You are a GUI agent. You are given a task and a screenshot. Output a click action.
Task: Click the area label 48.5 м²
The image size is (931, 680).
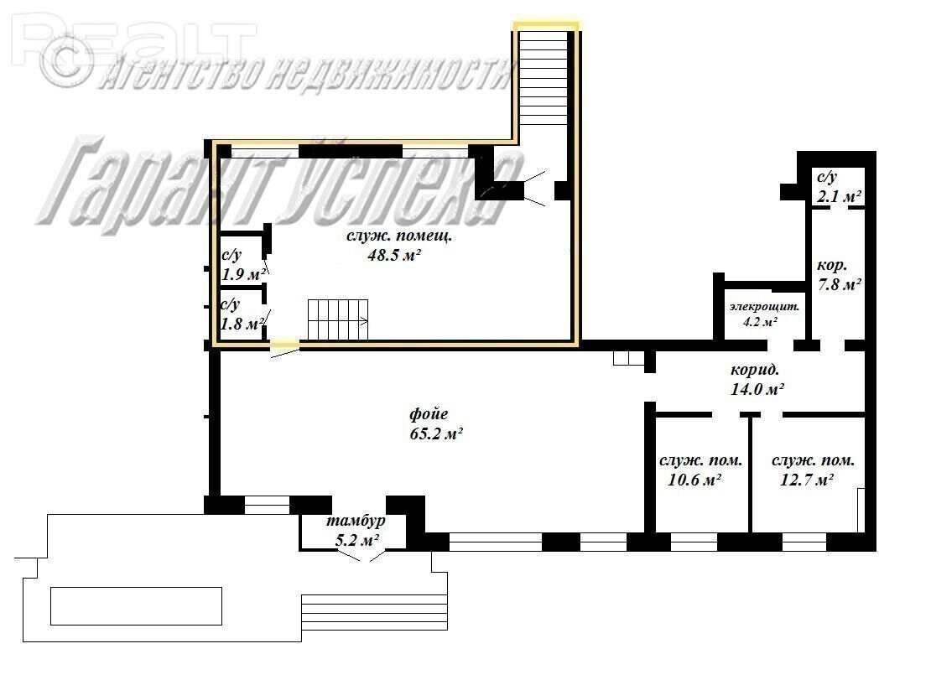coord(394,255)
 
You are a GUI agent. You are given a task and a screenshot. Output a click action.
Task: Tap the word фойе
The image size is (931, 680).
coord(429,414)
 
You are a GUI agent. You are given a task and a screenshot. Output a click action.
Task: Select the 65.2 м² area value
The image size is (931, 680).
coord(436,433)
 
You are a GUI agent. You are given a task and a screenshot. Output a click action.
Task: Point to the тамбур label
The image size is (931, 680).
coord(356,522)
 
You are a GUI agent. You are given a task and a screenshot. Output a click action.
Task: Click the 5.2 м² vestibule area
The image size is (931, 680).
coord(358,541)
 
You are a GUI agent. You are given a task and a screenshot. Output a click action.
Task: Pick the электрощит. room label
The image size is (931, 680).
coord(764,307)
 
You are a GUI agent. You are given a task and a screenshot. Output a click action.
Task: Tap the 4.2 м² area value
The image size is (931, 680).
coord(761,322)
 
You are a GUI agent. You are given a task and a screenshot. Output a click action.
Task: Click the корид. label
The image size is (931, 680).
coord(755,371)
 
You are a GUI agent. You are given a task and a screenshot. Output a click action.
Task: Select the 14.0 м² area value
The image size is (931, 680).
coord(757,389)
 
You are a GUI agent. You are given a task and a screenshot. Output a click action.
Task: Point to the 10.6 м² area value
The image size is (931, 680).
coord(694,480)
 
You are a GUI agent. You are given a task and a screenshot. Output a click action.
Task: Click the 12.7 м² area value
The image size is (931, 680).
coord(806,480)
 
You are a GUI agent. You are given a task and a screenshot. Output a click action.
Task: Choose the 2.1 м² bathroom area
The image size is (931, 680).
coord(839,196)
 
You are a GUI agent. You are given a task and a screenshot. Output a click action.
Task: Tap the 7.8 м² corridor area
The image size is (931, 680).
coord(840,285)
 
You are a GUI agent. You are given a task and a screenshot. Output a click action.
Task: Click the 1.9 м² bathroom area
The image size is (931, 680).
coord(243,275)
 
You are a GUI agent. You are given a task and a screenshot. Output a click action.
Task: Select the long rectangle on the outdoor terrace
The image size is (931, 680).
coord(136,606)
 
